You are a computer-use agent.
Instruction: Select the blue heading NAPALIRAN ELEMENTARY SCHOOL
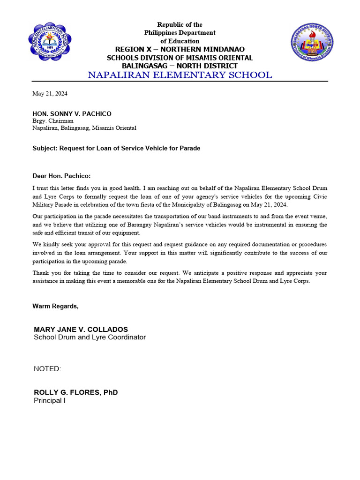point(180,75)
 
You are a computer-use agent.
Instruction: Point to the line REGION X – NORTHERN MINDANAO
point(180,50)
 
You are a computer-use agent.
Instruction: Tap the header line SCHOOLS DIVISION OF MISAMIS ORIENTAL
point(180,58)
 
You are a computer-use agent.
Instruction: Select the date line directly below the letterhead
point(50,94)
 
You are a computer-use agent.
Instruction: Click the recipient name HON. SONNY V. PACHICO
point(72,114)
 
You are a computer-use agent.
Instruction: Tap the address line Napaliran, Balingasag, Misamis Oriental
point(84,128)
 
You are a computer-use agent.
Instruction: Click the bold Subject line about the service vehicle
point(116,148)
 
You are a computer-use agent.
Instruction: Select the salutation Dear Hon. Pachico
point(61,176)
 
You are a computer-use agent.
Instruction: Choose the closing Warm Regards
point(55,306)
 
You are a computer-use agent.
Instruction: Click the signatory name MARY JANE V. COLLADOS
point(81,330)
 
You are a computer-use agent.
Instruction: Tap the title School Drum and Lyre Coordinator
point(90,337)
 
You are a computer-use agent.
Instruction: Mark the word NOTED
point(47,369)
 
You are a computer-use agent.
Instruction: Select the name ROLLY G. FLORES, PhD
point(75,392)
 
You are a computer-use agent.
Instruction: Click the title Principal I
point(50,400)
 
